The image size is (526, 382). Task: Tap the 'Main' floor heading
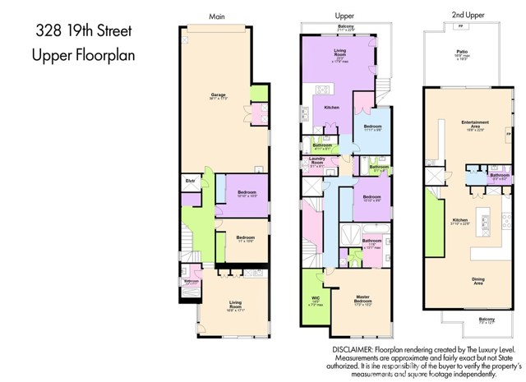point(216,16)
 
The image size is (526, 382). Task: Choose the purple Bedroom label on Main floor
point(247,193)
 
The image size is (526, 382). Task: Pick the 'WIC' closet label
point(315,299)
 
